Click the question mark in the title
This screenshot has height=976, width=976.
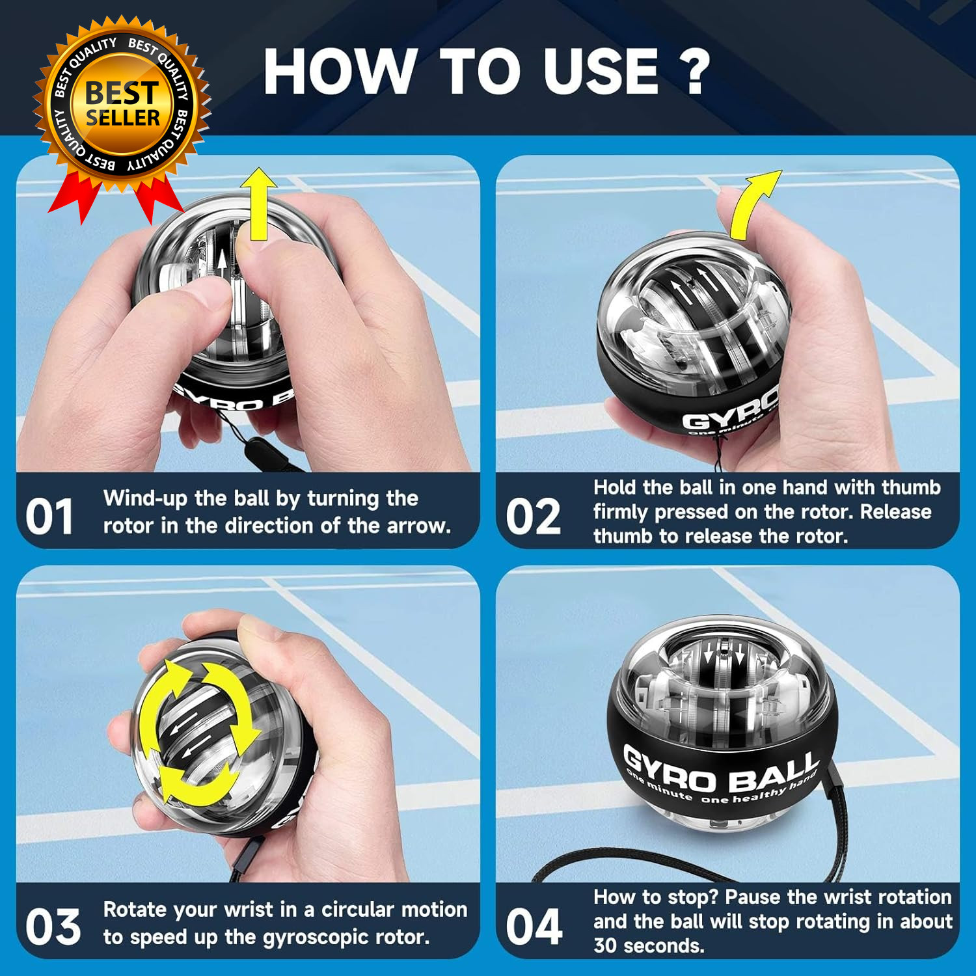(695, 72)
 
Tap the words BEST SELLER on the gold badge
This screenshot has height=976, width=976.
(122, 104)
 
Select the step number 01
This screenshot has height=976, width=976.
(49, 517)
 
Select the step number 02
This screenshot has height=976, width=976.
(533, 517)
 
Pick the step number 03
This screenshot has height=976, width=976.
(53, 927)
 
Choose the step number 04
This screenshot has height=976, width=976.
(534, 927)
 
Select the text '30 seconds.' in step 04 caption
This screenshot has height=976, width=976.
(649, 945)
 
